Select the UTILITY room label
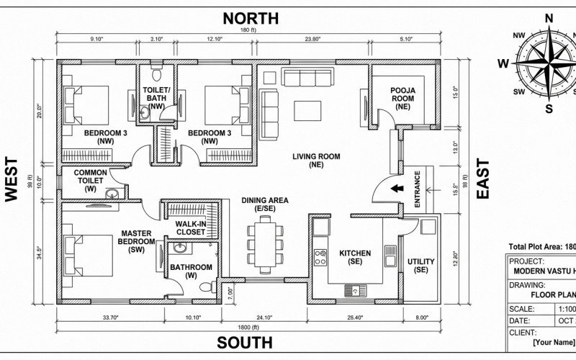[x=420, y=264]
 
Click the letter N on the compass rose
[x=549, y=19]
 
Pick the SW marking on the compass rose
[x=518, y=92]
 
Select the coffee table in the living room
[x=309, y=109]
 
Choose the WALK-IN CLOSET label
[x=192, y=228]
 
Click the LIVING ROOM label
[x=316, y=156]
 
